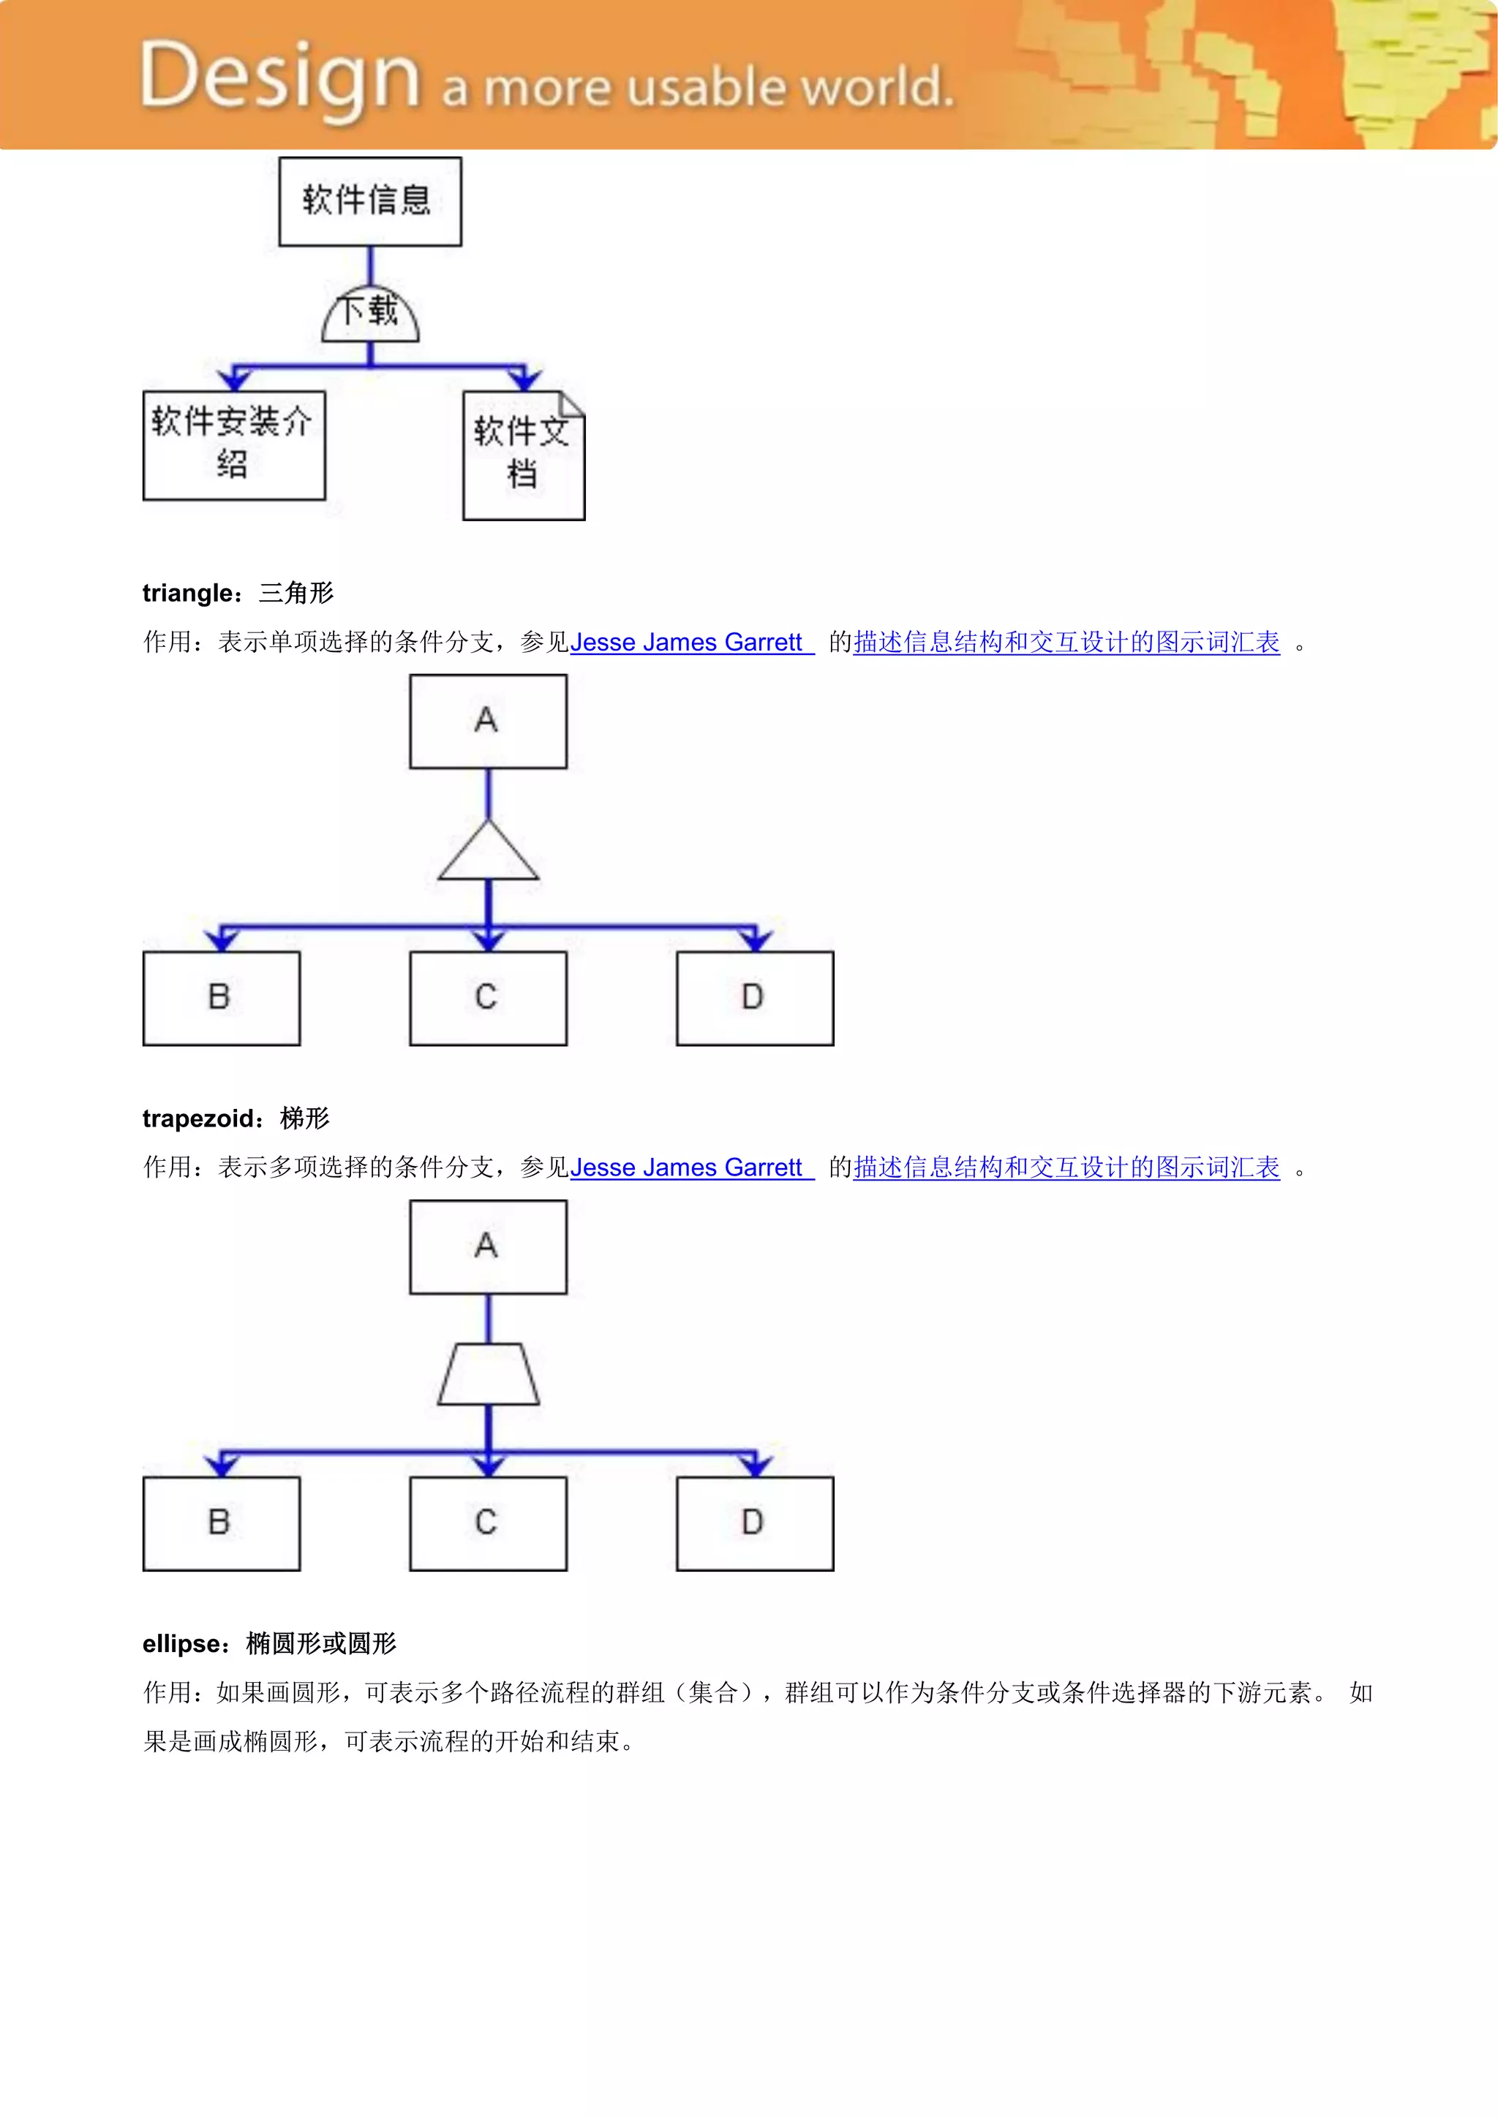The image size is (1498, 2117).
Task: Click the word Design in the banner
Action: pyautogui.click(x=279, y=78)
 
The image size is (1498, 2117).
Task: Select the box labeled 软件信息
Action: pyautogui.click(x=370, y=201)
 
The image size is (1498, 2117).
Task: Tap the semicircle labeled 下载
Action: pyautogui.click(x=370, y=314)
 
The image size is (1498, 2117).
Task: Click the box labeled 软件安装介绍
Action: pyautogui.click(x=234, y=445)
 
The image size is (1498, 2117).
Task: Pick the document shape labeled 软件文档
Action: pyautogui.click(x=523, y=455)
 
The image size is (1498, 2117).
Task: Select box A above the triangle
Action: pyautogui.click(x=488, y=721)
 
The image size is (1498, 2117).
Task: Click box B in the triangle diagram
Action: pyautogui.click(x=222, y=998)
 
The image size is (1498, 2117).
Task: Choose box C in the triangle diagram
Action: pyautogui.click(x=488, y=998)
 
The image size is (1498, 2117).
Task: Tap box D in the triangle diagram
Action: pyautogui.click(x=755, y=998)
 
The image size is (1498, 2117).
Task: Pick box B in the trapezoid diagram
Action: pyautogui.click(x=222, y=1523)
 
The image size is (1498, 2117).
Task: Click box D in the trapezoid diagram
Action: pyautogui.click(x=755, y=1523)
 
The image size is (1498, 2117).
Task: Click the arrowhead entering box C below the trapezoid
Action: pyautogui.click(x=488, y=1466)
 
